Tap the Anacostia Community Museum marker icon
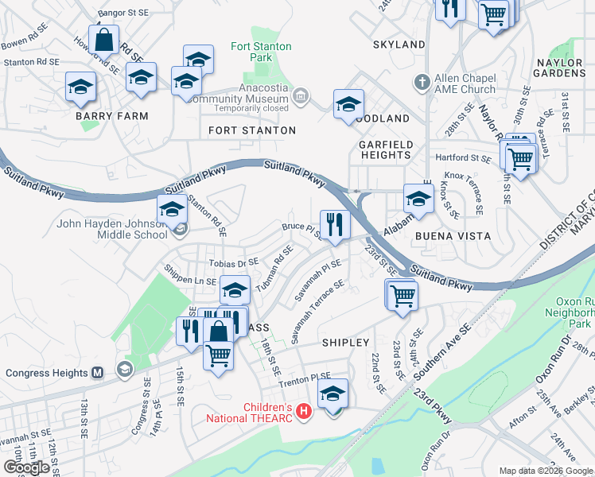pyautogui.click(x=300, y=97)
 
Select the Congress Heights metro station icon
pyautogui.click(x=98, y=372)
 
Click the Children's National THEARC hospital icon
pyautogui.click(x=302, y=410)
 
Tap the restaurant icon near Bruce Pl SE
pyautogui.click(x=335, y=224)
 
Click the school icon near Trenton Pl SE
pyautogui.click(x=333, y=393)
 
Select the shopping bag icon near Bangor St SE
pyautogui.click(x=104, y=38)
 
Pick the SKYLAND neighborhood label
pyautogui.click(x=399, y=45)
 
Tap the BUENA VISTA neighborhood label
pyautogui.click(x=453, y=236)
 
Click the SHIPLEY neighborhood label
pyautogui.click(x=346, y=343)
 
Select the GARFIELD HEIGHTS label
pyautogui.click(x=385, y=149)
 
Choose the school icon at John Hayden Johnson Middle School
pyautogui.click(x=172, y=209)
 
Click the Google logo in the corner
pyautogui.click(x=26, y=467)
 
